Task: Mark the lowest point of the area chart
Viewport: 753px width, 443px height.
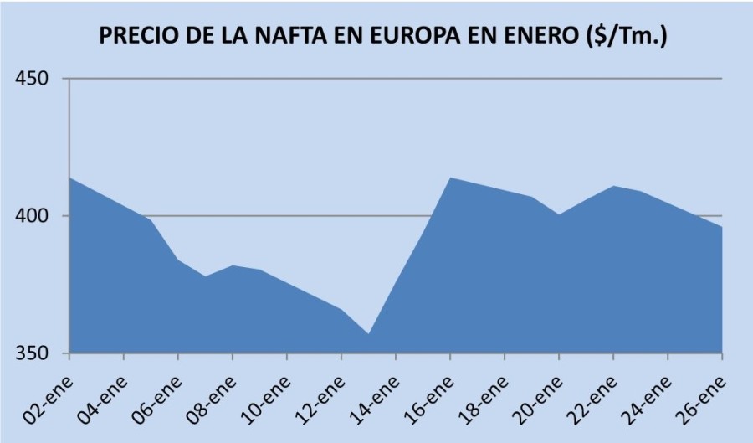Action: coord(368,334)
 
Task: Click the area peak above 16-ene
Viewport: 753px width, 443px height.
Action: coord(450,178)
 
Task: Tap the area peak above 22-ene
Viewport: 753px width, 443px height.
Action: coord(613,186)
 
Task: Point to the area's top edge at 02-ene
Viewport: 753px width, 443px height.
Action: coord(70,178)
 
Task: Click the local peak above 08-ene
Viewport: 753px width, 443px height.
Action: coord(233,266)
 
